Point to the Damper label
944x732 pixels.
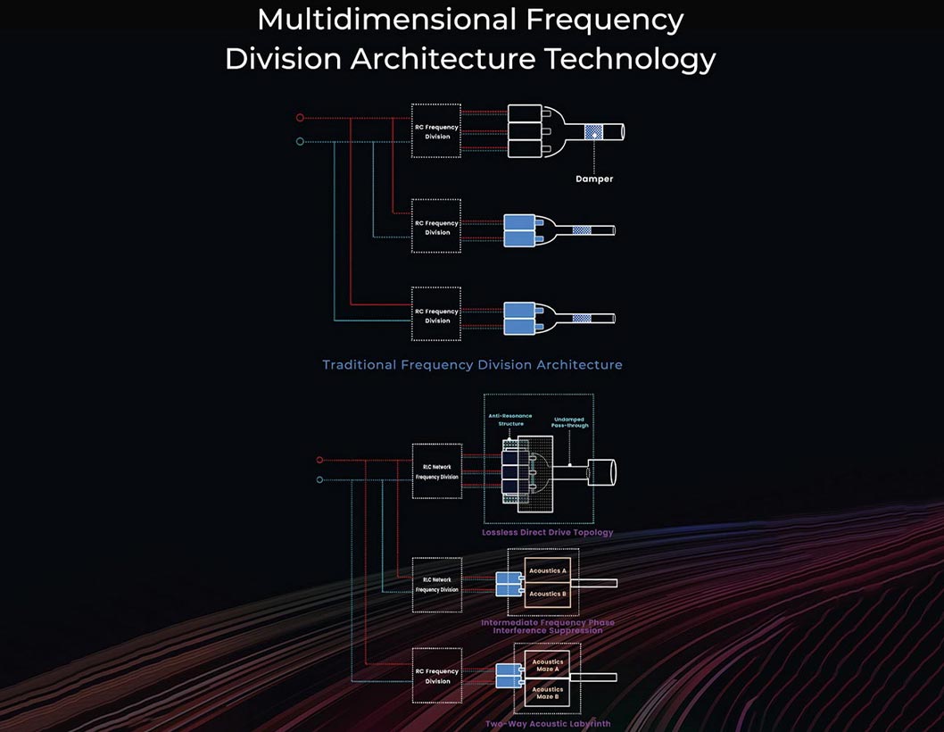593,179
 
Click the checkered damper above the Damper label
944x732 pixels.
593,132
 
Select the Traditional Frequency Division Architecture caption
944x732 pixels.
472,364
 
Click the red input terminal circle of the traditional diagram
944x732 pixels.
300,117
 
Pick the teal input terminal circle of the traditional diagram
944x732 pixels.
300,141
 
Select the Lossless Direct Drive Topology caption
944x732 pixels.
547,533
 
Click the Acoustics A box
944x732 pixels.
547,571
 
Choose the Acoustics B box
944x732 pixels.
547,594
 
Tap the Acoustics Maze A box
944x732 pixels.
547,666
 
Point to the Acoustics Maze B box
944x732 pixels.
547,693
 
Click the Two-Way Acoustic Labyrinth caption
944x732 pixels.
548,724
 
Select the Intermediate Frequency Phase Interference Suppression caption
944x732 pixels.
547,627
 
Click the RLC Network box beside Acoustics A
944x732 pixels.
437,585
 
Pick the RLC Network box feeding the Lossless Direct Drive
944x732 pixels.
437,471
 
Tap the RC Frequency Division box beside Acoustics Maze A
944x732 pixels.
437,676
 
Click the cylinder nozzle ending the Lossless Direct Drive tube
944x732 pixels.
602,471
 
